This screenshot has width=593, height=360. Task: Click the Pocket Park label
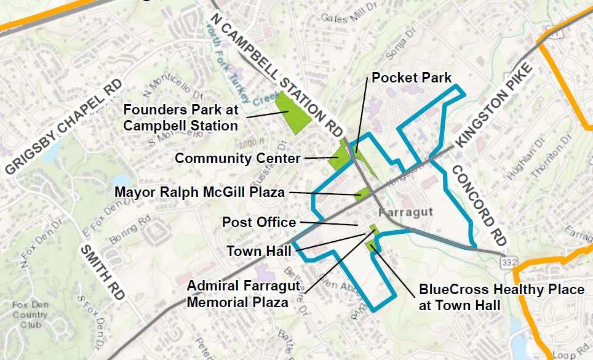(x=412, y=78)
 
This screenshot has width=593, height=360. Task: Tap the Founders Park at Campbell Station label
(x=181, y=118)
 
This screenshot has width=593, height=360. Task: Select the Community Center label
(x=237, y=159)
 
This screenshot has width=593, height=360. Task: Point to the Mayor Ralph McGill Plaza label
(x=199, y=193)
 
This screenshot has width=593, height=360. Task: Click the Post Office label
(x=259, y=222)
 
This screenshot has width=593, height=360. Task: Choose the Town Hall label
(x=254, y=251)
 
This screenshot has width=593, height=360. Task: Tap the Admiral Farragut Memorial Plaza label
(x=243, y=294)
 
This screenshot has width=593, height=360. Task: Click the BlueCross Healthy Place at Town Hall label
(x=501, y=297)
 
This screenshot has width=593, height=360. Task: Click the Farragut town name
(x=407, y=212)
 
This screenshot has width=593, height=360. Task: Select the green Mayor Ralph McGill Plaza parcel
(x=362, y=194)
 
